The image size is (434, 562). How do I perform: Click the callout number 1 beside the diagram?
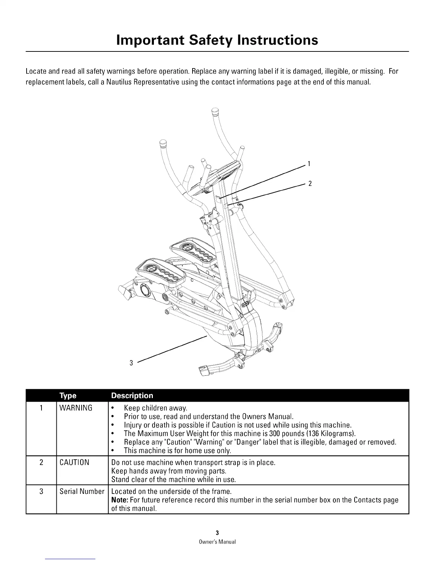tap(309, 164)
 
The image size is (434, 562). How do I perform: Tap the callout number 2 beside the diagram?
tap(310, 183)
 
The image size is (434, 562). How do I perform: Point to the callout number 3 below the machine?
tap(131, 363)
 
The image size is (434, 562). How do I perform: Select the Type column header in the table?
tap(68, 396)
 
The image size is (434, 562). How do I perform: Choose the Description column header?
tap(132, 396)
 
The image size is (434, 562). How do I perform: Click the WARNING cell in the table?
tap(76, 408)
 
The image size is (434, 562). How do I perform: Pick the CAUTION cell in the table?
tap(74, 463)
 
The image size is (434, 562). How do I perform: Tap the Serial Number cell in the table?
tap(82, 492)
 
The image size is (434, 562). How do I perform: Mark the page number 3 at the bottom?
tap(217, 533)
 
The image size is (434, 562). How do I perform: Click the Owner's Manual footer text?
tap(217, 542)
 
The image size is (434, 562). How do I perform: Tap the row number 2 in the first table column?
tap(41, 463)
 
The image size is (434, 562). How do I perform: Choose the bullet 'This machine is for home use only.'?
tap(177, 451)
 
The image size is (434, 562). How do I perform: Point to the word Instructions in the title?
tap(278, 40)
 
